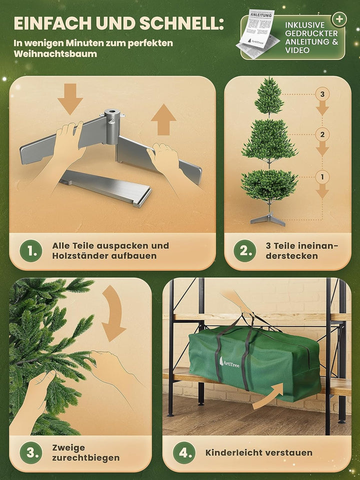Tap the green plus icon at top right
pyautogui.click(x=339, y=19)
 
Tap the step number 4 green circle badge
pyautogui.click(x=184, y=453)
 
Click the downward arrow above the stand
pyautogui.click(x=70, y=98)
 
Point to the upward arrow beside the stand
pyautogui.click(x=163, y=120)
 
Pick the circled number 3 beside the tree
pyautogui.click(x=322, y=93)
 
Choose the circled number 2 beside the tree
pyautogui.click(x=322, y=134)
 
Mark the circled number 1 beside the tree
pyautogui.click(x=322, y=176)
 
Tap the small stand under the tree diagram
pyautogui.click(x=268, y=219)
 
